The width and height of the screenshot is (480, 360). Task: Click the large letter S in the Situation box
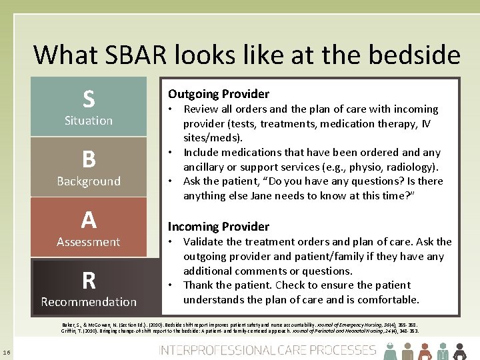click(89, 99)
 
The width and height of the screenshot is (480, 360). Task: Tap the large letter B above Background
click(89, 159)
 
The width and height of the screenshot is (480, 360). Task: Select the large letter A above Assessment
click(89, 219)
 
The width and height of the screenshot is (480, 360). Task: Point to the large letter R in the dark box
click(89, 281)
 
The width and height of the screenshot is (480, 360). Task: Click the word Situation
click(89, 121)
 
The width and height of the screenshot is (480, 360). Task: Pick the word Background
click(89, 181)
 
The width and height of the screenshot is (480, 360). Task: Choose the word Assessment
click(89, 242)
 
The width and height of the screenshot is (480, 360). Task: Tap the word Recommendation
click(89, 302)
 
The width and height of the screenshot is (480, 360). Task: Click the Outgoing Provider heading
click(219, 94)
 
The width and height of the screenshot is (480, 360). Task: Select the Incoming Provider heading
click(219, 227)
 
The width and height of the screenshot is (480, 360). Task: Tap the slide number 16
click(6, 352)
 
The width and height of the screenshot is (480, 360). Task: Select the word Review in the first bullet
click(202, 109)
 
